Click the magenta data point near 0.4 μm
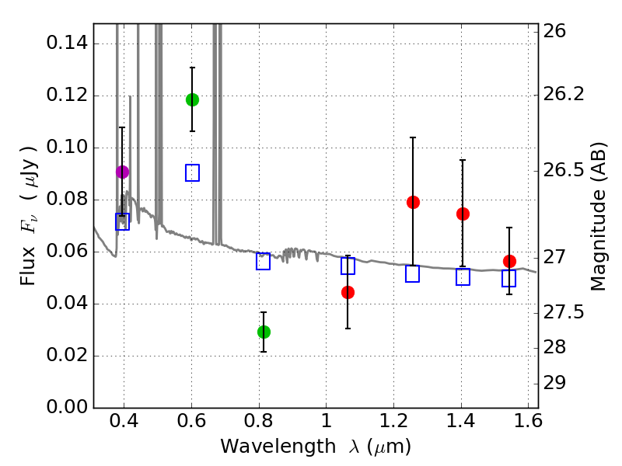coord(122,172)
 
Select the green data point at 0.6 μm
coord(192,99)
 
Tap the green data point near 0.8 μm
coord(264,332)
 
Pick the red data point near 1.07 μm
coord(348,292)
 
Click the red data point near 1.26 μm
coord(413,202)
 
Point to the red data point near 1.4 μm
coord(463,214)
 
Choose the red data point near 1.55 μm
coord(509,261)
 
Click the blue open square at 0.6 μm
coord(192,172)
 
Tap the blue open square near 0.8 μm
coord(264,261)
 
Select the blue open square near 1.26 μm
coord(413,273)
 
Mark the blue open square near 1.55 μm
coord(509,278)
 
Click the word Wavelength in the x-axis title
coord(266,447)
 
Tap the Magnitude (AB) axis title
coord(598,216)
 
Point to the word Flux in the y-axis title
coord(29,245)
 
